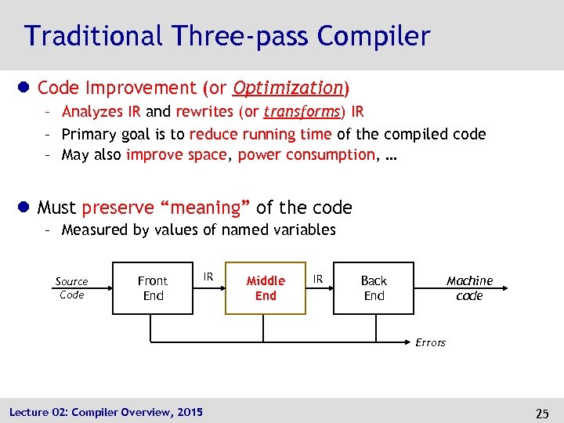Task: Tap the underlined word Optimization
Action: [x=289, y=87]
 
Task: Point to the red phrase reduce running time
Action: [x=260, y=134]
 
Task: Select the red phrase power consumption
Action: [x=306, y=154]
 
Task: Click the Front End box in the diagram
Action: [x=153, y=287]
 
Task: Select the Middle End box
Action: [x=266, y=287]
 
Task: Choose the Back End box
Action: [x=374, y=287]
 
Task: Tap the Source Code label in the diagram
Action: [x=71, y=287]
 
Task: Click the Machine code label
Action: [x=469, y=287]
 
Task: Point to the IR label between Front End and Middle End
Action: [x=208, y=277]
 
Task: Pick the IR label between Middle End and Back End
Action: [x=319, y=278]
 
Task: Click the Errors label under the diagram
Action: [x=430, y=342]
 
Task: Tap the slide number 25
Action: [x=541, y=412]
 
